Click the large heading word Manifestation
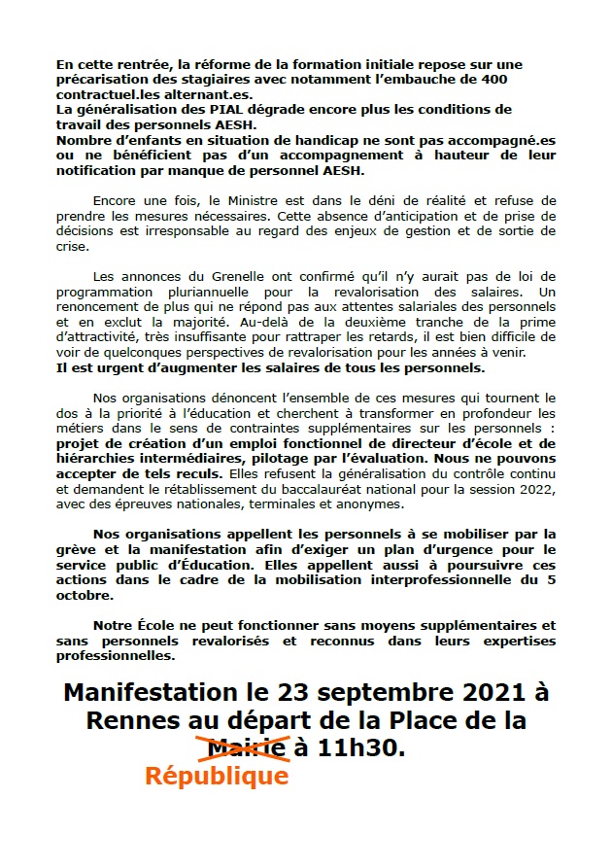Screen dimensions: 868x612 tap(154, 693)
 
